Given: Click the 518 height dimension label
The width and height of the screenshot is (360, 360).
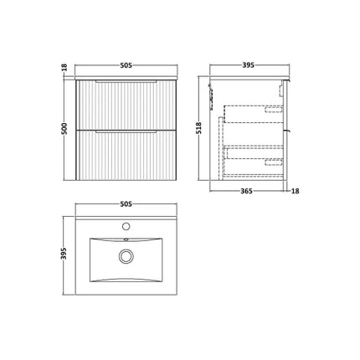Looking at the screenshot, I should coord(198,128).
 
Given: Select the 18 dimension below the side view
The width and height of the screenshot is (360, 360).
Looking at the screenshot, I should coord(296,191).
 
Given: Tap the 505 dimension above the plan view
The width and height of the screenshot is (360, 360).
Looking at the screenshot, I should coord(125,202).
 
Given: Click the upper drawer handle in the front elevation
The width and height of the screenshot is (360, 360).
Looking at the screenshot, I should coord(125,84).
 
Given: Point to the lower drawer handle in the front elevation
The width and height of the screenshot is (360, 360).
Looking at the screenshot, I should coord(125,133).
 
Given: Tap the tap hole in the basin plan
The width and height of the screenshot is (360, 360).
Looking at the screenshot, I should coord(125,225).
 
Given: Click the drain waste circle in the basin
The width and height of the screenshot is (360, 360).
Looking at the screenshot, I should coord(125,256).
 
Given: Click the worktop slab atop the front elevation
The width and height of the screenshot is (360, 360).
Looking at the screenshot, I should coord(125,77).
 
